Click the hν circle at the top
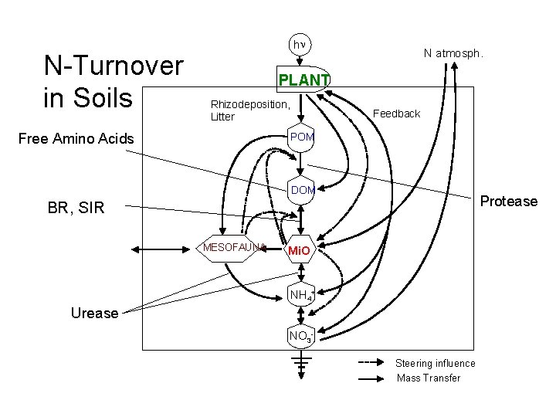point(299,45)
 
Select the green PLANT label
point(303,80)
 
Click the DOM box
point(302,190)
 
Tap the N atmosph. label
point(453,53)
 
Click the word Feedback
point(396,114)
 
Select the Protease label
point(508,202)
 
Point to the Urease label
point(94,313)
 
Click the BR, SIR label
point(76,207)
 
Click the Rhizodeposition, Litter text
point(249,110)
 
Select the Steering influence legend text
point(436,363)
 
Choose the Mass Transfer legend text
point(428,378)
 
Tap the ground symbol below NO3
point(301,363)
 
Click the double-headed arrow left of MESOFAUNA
point(162,248)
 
